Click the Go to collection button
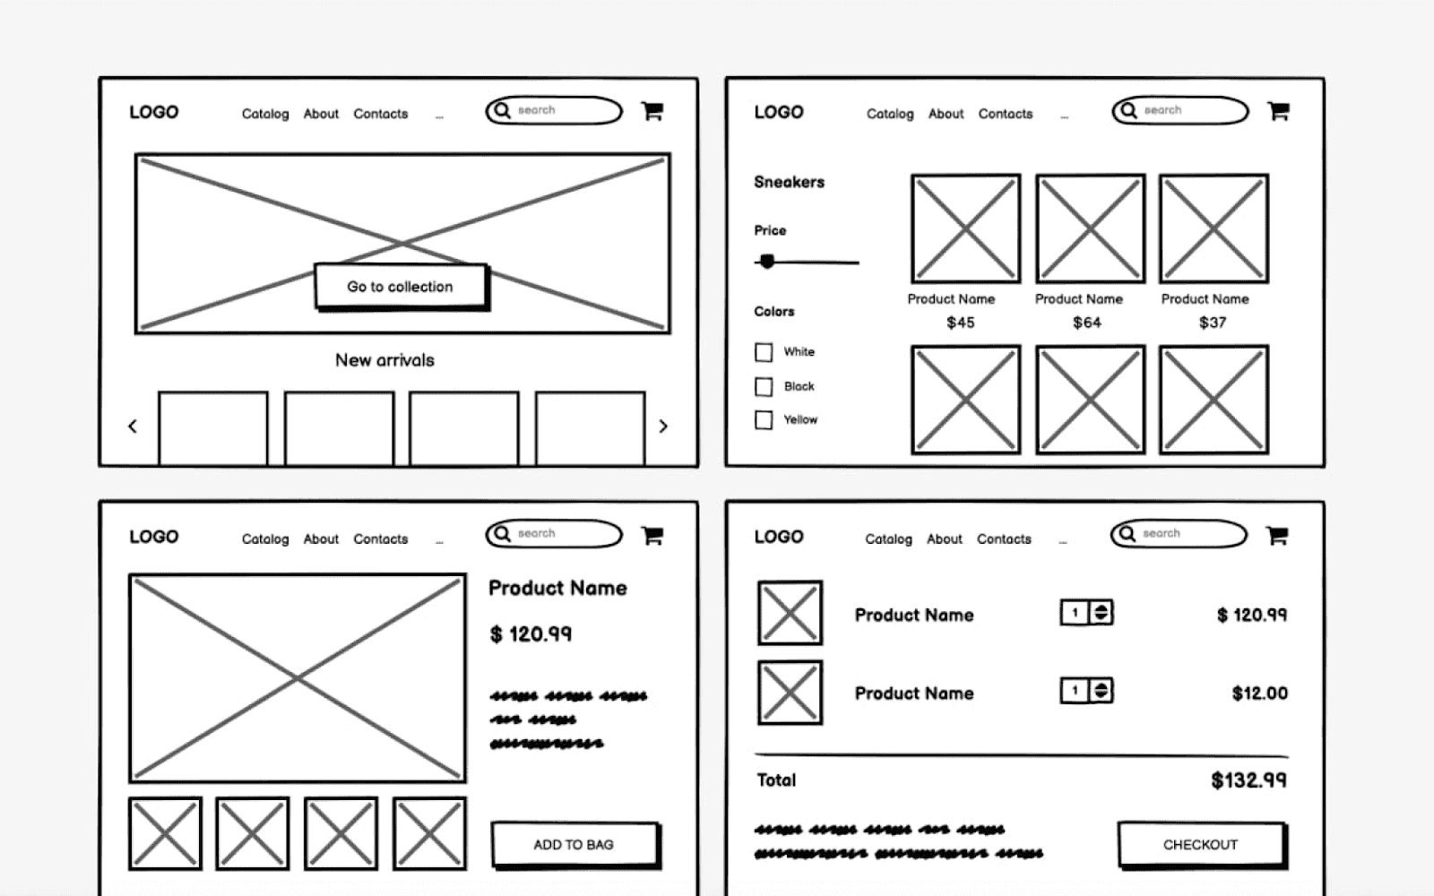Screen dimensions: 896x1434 (x=400, y=287)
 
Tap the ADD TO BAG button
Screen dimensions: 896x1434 (x=574, y=844)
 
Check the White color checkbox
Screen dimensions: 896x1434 (x=764, y=352)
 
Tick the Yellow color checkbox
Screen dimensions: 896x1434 (x=764, y=420)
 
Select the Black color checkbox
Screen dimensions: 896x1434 (x=764, y=387)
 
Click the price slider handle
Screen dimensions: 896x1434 (x=767, y=262)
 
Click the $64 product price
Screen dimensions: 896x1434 (x=1087, y=323)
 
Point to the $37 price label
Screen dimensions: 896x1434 (x=1213, y=323)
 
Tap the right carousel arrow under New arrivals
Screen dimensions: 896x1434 (x=663, y=426)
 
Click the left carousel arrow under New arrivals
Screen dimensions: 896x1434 (x=133, y=426)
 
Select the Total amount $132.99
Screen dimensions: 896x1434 (x=1248, y=780)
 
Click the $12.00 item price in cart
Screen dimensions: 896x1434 (x=1259, y=694)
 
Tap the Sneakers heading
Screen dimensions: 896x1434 (x=789, y=182)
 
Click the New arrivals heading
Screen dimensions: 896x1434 (x=384, y=360)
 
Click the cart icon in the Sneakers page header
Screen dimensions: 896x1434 (x=1278, y=111)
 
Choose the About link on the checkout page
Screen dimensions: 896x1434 (x=944, y=539)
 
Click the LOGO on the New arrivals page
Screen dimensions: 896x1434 (x=153, y=112)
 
